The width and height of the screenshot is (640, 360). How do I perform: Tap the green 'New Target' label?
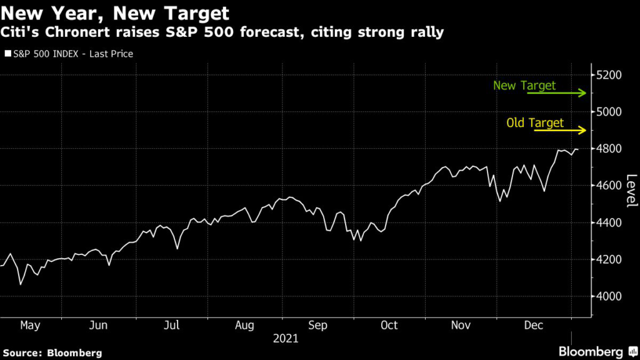(524, 86)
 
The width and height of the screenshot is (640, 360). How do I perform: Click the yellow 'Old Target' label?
(535, 123)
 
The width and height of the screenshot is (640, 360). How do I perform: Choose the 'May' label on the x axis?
(31, 326)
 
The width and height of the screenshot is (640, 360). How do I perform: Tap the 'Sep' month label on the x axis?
(318, 326)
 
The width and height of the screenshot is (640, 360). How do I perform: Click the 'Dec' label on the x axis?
(532, 326)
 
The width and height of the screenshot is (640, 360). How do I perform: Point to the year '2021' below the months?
(286, 339)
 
